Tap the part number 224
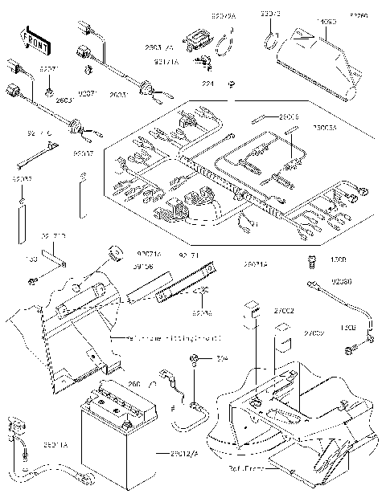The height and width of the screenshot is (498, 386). pos(207,82)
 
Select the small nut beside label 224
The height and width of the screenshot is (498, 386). pos(231,84)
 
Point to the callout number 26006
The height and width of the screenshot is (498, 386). pos(288,118)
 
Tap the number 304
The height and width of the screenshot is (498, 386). pos(220,359)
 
